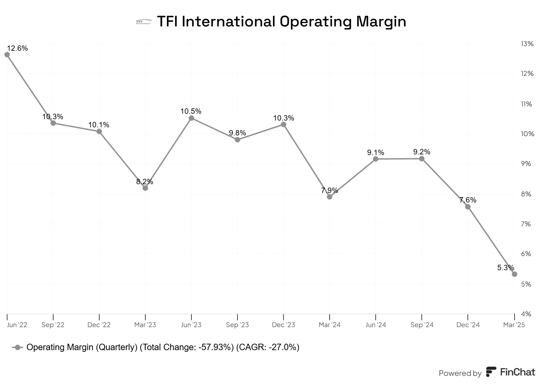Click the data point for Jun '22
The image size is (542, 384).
(x=7, y=55)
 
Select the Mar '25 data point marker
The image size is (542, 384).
(x=514, y=274)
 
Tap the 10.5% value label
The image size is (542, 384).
(x=191, y=111)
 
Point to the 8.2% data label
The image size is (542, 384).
(x=145, y=182)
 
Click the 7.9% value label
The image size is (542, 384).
(x=330, y=190)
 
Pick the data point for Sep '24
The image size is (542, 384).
(x=422, y=158)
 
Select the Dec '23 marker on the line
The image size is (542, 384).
(x=284, y=125)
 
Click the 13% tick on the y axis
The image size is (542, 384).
(x=527, y=44)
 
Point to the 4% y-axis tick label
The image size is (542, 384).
(x=526, y=314)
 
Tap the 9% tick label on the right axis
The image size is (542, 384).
(x=526, y=164)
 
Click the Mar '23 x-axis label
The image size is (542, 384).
(x=145, y=325)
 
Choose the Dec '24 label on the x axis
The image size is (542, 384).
(x=468, y=325)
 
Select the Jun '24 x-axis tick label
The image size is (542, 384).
(x=376, y=325)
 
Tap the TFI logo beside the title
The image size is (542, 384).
(x=143, y=22)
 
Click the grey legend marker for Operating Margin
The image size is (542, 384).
(x=18, y=347)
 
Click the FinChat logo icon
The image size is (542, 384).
(x=491, y=372)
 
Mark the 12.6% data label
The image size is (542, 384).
(x=17, y=48)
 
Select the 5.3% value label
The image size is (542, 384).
(x=505, y=268)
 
